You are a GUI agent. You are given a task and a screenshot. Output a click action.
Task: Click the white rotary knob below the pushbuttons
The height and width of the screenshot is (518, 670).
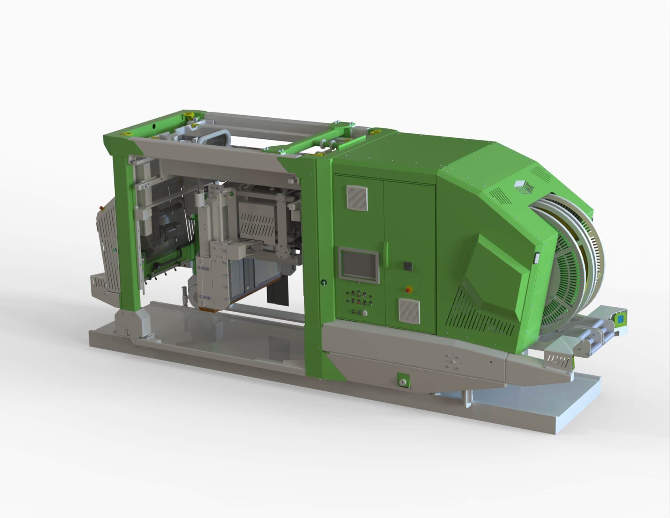365,313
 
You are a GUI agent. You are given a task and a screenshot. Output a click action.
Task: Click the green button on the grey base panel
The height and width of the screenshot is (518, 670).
403,382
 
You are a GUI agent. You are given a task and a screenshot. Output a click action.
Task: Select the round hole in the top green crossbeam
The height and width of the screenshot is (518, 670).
154,124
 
